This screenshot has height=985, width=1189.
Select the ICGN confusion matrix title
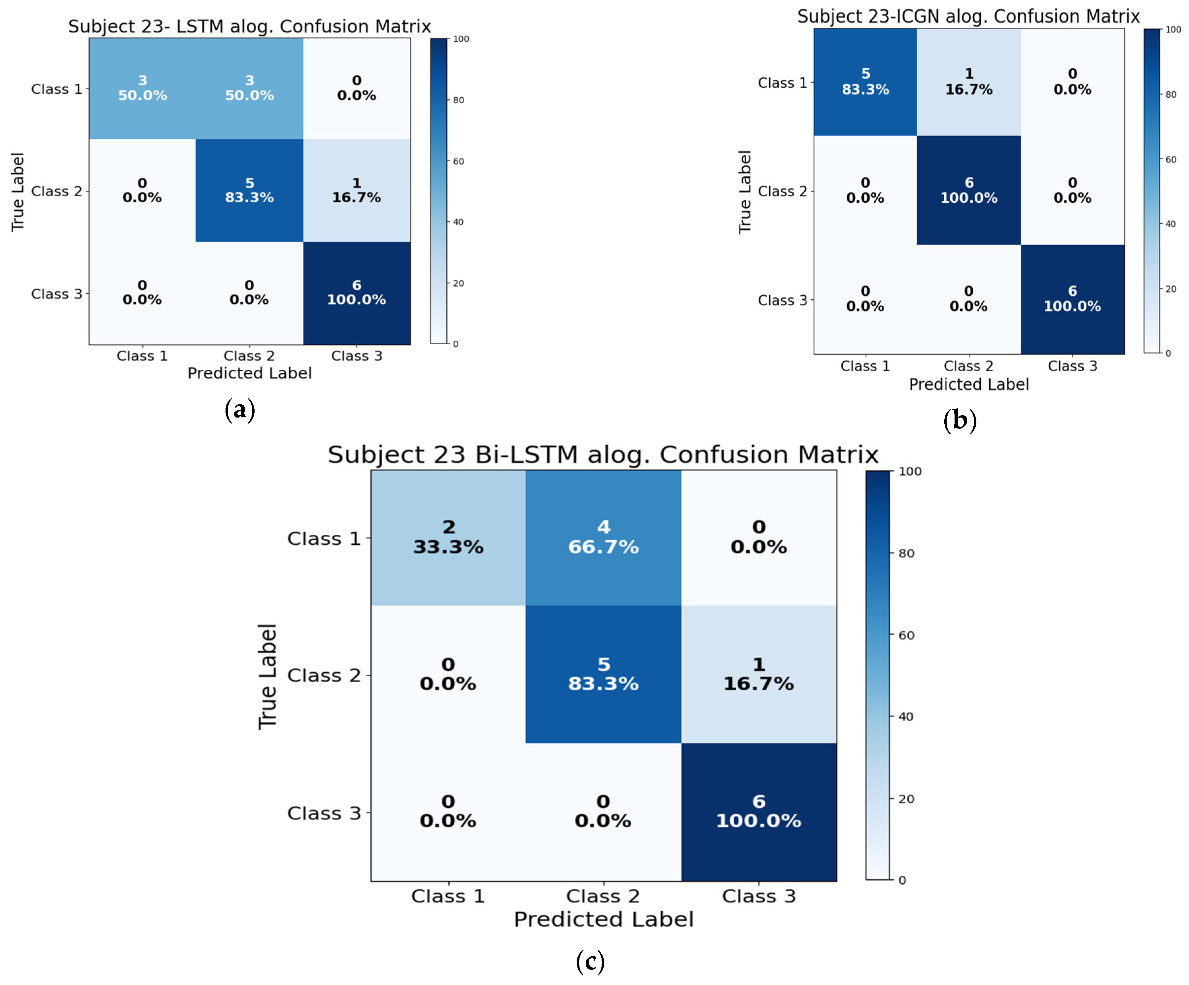(x=968, y=17)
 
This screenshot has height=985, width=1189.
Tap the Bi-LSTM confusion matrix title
(x=603, y=455)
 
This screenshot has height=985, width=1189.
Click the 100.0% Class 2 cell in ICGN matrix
(x=969, y=190)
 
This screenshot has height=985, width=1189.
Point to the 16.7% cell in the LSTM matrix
(x=356, y=190)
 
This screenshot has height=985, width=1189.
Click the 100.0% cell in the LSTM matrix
(x=356, y=293)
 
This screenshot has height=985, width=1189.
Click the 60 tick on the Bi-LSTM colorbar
(x=906, y=635)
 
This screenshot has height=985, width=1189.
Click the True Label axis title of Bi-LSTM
(x=267, y=676)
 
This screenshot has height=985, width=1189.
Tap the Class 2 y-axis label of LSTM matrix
(x=56, y=191)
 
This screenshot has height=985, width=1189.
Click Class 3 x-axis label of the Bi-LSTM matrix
(x=759, y=896)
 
